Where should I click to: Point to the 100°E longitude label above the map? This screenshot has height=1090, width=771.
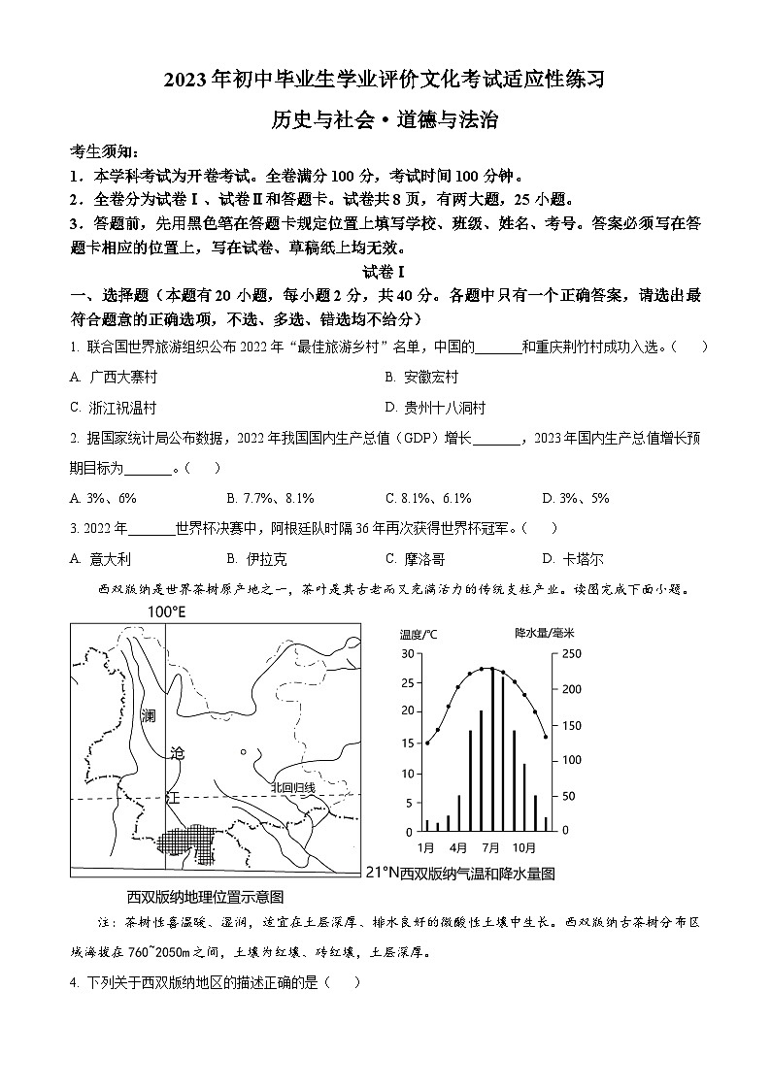(166, 612)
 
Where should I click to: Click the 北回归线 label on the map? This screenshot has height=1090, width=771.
(293, 787)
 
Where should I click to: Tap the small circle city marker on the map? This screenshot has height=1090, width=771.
(243, 751)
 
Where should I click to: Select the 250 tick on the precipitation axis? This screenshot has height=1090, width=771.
(573, 654)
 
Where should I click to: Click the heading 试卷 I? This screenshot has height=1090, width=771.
(384, 272)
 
